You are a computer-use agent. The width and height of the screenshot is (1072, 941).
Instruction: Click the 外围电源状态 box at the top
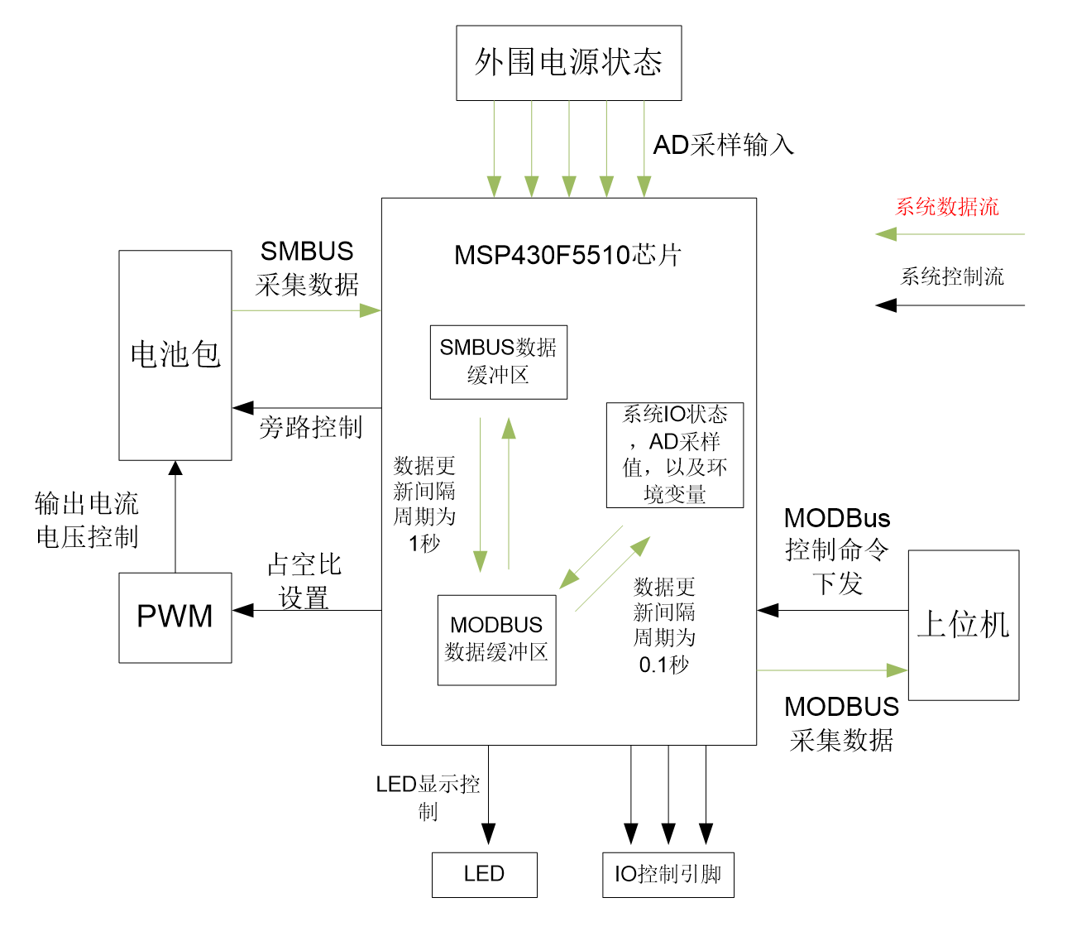point(568,63)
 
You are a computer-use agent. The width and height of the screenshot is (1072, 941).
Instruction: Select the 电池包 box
point(175,355)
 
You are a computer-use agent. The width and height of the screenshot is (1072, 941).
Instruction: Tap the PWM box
point(175,617)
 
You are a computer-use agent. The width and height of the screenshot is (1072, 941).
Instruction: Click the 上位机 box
point(964,625)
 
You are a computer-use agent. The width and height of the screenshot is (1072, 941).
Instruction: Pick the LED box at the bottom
point(484,875)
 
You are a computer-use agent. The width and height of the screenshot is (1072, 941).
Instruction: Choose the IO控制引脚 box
point(668,875)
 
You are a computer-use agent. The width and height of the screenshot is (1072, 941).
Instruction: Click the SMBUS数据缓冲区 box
point(499,362)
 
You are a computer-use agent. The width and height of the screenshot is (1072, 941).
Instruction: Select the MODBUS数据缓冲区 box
point(496,640)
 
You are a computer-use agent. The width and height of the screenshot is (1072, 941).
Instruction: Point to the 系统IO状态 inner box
point(675,454)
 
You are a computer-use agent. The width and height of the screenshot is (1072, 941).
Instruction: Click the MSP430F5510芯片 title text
point(567,255)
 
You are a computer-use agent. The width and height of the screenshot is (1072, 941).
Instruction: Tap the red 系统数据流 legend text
point(947,207)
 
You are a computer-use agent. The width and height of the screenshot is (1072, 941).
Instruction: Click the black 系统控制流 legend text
point(952,276)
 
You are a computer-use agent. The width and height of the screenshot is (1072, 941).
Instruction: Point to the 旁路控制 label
point(310,427)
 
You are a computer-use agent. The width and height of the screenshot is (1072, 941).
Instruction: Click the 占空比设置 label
point(304,581)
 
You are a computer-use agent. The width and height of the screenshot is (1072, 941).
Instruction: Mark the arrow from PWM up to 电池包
point(175,517)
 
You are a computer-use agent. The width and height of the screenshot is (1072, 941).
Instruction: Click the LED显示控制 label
point(428,797)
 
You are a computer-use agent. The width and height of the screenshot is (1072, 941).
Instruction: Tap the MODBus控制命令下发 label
point(837,550)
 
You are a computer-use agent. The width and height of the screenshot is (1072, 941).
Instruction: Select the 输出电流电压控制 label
point(87,520)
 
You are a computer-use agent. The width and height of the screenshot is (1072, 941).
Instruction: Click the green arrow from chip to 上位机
point(831,670)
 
